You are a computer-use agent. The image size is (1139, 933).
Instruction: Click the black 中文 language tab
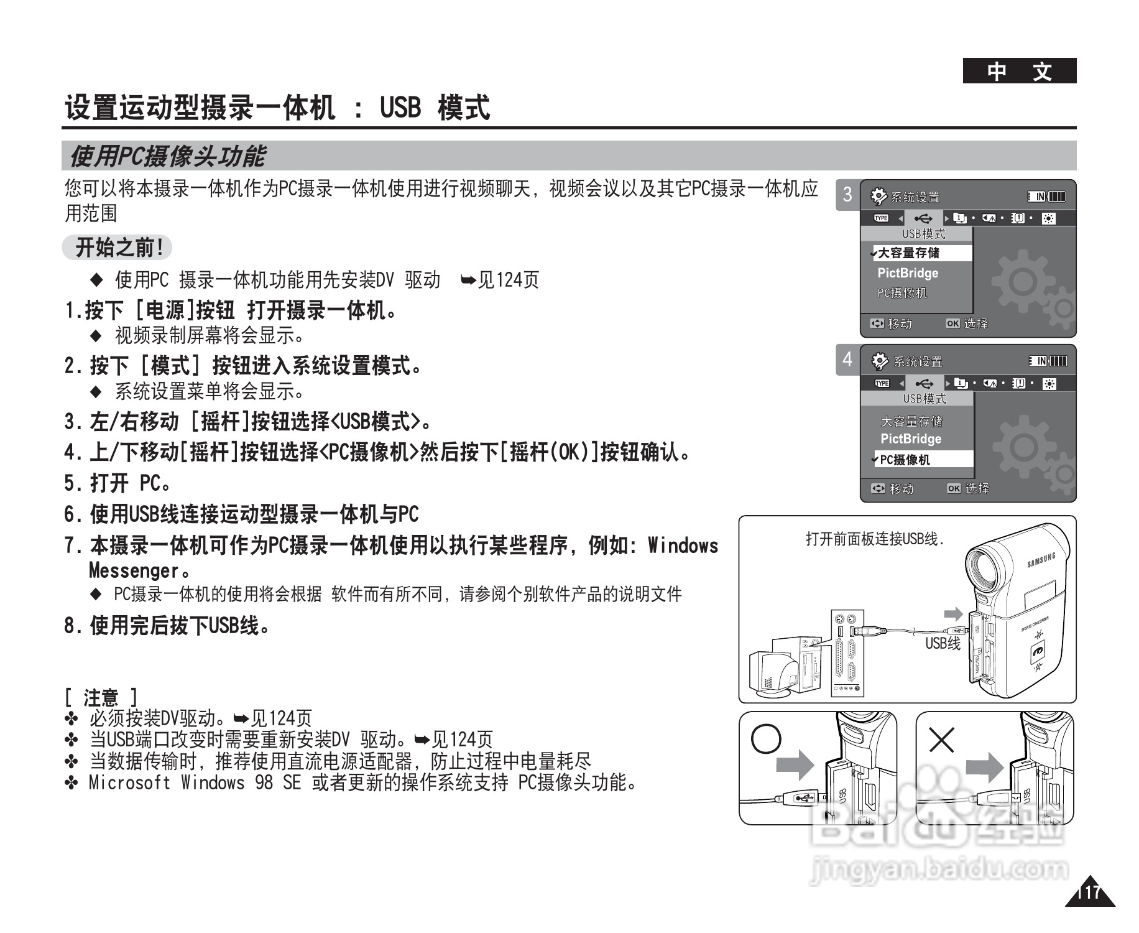click(x=1019, y=71)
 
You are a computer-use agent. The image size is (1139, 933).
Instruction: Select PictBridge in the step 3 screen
click(x=908, y=273)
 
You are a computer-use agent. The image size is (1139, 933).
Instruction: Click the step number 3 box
click(x=847, y=195)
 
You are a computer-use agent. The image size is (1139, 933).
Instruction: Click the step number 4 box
click(x=847, y=360)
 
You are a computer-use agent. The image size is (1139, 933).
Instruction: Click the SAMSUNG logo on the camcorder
click(x=1041, y=560)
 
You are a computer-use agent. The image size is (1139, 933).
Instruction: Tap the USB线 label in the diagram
click(x=943, y=644)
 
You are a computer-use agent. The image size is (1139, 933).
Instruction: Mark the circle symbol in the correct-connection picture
click(x=766, y=738)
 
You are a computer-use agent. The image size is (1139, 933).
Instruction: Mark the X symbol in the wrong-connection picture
click(x=941, y=740)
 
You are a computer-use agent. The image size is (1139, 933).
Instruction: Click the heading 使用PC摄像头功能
click(x=167, y=156)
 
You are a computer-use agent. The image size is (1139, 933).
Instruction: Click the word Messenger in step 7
click(x=134, y=570)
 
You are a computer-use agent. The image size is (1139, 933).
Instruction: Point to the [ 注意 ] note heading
click(x=101, y=697)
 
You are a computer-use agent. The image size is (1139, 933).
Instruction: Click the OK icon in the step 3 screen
click(x=952, y=323)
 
